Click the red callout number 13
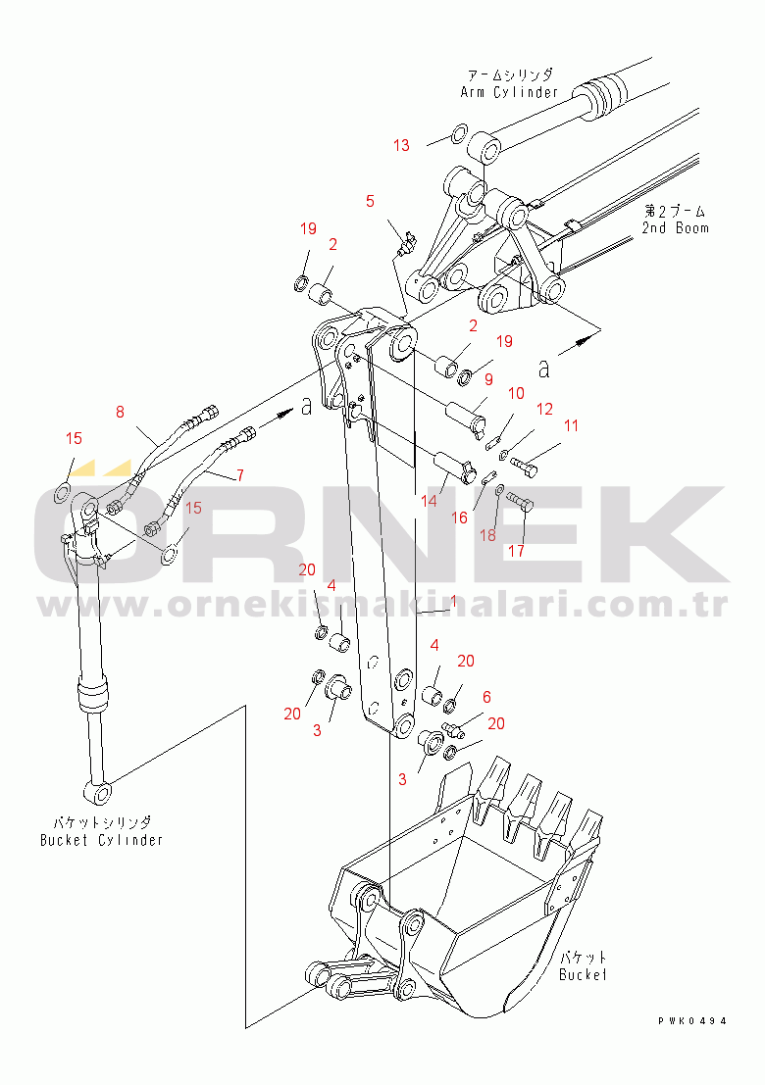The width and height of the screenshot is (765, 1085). pyautogui.click(x=401, y=145)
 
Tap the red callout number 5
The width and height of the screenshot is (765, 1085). pyautogui.click(x=371, y=201)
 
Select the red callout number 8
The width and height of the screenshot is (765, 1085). pyautogui.click(x=120, y=413)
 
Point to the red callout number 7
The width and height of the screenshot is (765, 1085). pyautogui.click(x=239, y=475)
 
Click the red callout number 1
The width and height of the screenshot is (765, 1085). pyautogui.click(x=453, y=602)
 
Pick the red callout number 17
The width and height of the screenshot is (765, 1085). pyautogui.click(x=517, y=551)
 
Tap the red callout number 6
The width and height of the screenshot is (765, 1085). pyautogui.click(x=486, y=697)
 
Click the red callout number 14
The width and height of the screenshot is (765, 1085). pyautogui.click(x=429, y=500)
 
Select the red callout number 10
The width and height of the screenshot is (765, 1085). pyautogui.click(x=517, y=394)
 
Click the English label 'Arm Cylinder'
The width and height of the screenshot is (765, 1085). pyautogui.click(x=510, y=92)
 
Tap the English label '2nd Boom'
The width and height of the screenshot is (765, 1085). pyautogui.click(x=675, y=227)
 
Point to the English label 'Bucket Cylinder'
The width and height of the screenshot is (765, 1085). pyautogui.click(x=101, y=840)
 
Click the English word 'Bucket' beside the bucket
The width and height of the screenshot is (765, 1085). pyautogui.click(x=583, y=974)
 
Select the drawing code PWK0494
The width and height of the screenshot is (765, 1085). pyautogui.click(x=692, y=1020)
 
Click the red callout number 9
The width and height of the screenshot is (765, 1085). pyautogui.click(x=488, y=379)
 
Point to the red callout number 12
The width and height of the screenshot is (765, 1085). pyautogui.click(x=545, y=409)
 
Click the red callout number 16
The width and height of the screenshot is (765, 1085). pyautogui.click(x=460, y=518)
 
